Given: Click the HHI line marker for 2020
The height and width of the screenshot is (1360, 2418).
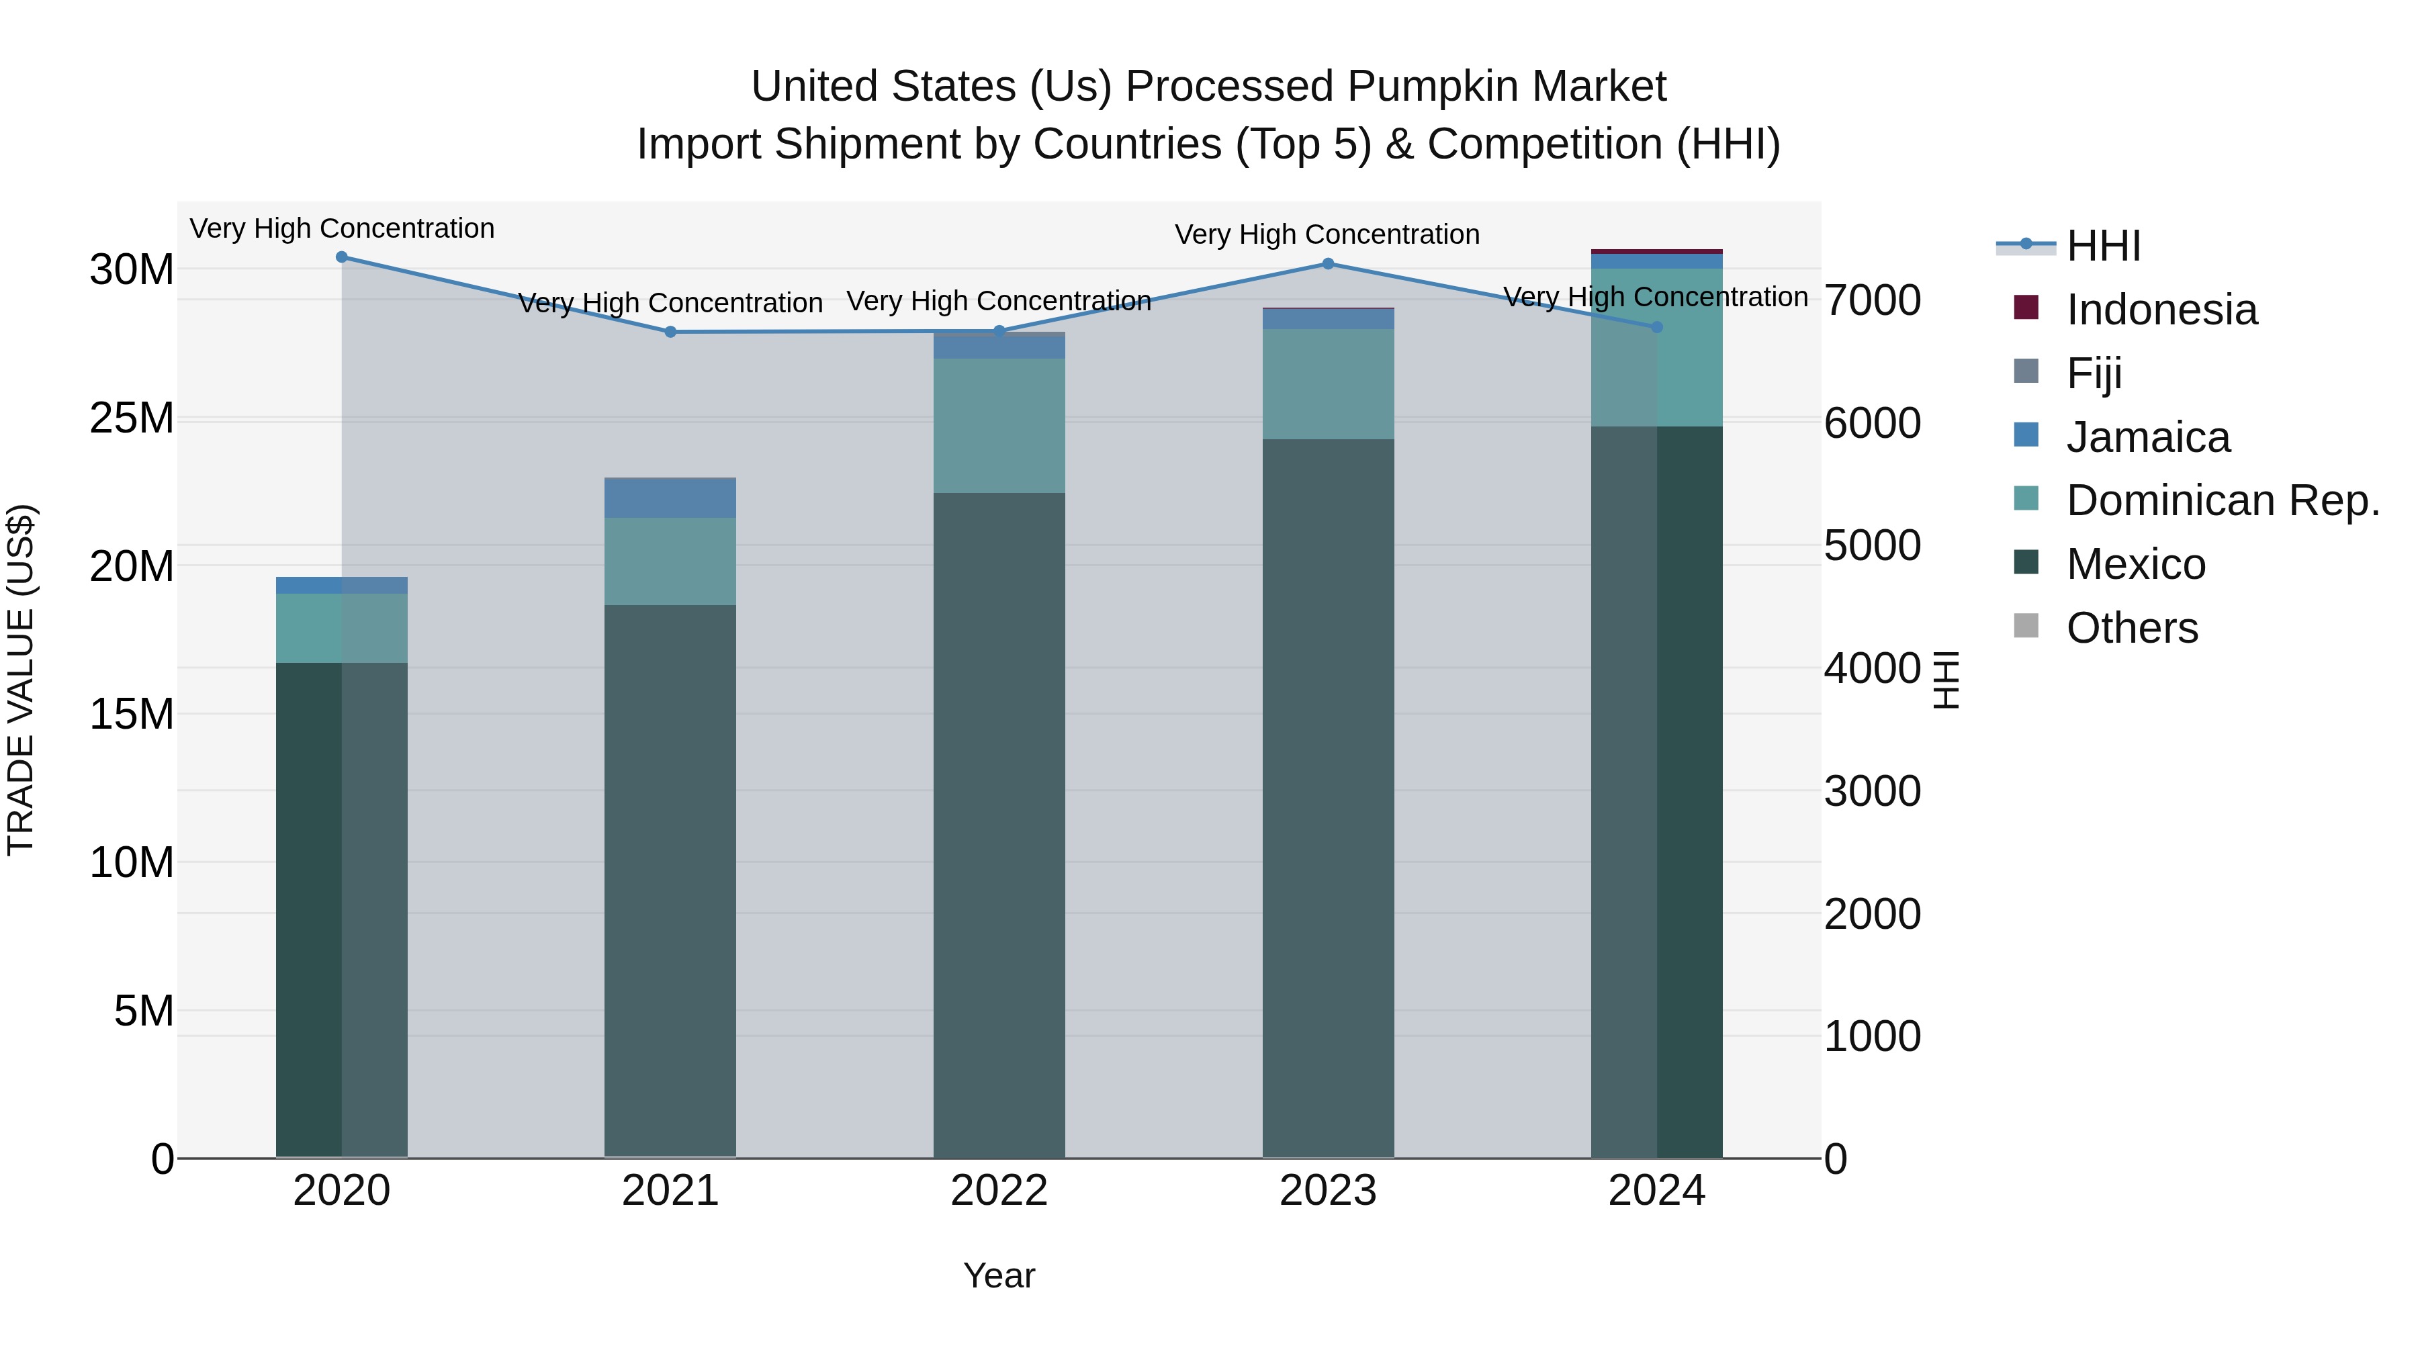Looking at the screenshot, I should (342, 257).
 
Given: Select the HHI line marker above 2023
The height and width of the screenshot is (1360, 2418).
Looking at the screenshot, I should (1327, 264).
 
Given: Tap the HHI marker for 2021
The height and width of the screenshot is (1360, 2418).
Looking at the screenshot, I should (670, 332).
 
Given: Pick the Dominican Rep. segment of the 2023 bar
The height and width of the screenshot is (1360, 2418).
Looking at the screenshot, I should (1327, 384).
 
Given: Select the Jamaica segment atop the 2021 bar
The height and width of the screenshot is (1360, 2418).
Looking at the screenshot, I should (670, 498).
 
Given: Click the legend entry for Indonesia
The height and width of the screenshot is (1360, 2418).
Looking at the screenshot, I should (2160, 310).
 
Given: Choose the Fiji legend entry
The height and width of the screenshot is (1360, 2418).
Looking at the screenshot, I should (2093, 373).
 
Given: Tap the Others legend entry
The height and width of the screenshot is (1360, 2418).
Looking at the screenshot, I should (2131, 628).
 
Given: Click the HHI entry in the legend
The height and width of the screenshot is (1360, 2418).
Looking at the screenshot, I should (2102, 246).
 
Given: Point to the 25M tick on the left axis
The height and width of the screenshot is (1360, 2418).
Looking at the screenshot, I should (132, 418).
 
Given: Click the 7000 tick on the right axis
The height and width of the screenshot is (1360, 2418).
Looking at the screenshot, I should (1872, 302).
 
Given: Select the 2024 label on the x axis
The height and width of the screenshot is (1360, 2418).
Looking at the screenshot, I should (1656, 1191).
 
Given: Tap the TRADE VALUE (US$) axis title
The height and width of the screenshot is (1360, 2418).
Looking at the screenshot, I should (21, 680).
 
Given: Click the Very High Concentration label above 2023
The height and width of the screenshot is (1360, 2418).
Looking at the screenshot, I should (1327, 234).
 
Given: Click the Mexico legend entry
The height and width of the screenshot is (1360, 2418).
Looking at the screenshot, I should (2135, 565).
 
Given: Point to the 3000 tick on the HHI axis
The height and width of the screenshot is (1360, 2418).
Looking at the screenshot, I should (1872, 791).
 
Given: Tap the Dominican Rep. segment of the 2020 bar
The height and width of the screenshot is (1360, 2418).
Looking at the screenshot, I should (342, 628).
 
